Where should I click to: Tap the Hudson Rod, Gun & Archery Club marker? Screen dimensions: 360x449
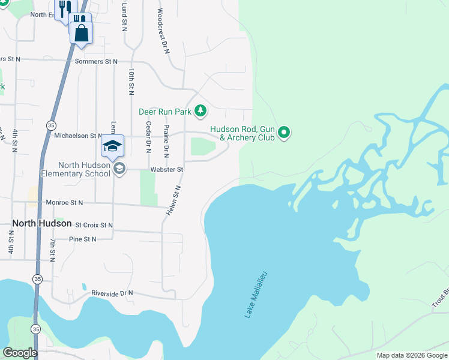tap(285, 133)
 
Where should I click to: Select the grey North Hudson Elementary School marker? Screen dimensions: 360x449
tap(119, 169)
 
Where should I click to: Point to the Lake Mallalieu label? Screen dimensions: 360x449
tap(255, 294)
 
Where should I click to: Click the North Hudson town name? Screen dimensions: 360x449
tap(37, 223)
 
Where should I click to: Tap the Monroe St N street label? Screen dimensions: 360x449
tap(64, 203)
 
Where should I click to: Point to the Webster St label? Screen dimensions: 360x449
tap(166, 170)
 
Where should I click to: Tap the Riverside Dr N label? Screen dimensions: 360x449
tap(112, 293)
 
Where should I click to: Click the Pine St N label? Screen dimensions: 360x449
tap(82, 239)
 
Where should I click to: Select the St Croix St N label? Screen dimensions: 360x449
tap(94, 225)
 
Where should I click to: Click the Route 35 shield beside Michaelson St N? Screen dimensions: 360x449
tap(50, 125)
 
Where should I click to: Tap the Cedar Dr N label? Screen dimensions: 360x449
tap(148, 137)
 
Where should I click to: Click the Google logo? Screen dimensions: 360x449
tap(20, 353)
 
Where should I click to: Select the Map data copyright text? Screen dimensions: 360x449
tap(411, 355)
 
